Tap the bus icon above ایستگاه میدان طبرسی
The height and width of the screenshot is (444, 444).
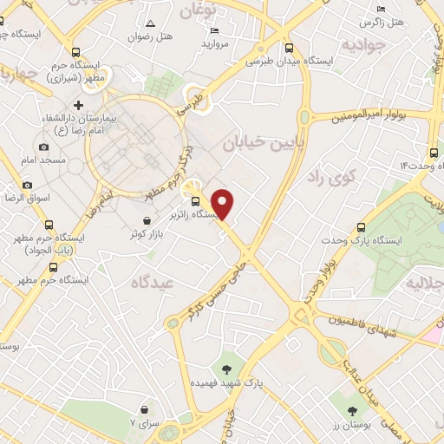[287, 49]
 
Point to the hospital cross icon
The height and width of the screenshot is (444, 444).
[78, 104]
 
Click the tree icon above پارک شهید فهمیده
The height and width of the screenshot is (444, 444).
[228, 359]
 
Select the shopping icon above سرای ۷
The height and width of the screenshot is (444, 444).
[145, 408]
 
